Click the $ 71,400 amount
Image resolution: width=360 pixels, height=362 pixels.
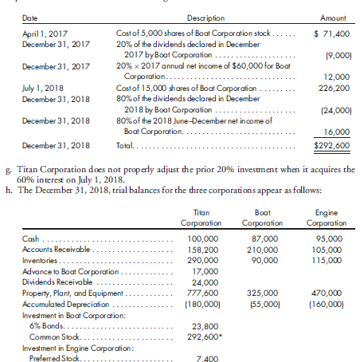coord(328,33)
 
